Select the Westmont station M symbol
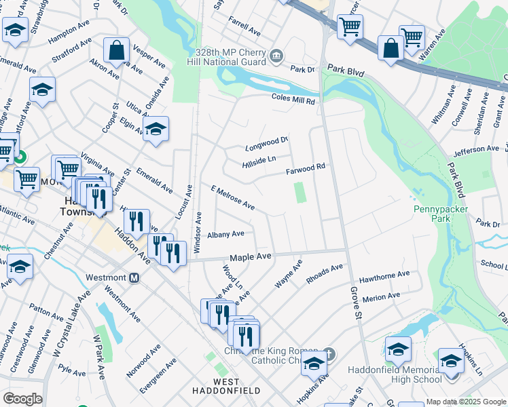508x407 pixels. pos(134,278)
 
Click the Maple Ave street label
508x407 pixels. pos(250,257)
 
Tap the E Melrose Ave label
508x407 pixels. pos(232,197)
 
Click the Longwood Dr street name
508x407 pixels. pos(267,143)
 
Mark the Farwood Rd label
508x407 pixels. pos(306,167)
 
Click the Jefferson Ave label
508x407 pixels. pos(477,149)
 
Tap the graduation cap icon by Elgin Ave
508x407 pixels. pos(156,129)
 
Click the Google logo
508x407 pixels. pos(22,399)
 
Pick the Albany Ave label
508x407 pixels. pos(225,234)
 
